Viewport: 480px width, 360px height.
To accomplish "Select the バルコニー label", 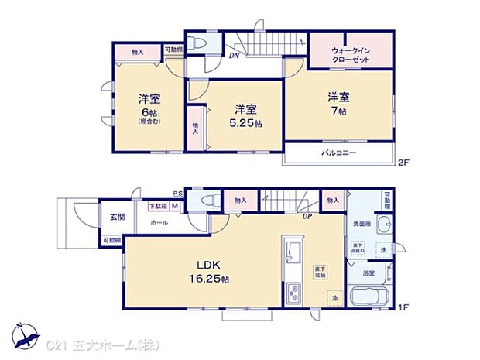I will (338, 154).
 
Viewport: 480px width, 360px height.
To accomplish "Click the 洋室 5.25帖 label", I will (245, 115).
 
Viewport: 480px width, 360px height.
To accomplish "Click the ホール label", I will (159, 222).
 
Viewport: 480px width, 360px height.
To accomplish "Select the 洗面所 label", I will (364, 224).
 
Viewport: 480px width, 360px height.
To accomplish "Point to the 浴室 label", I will (369, 273).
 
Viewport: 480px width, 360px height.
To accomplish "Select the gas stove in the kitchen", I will (295, 295).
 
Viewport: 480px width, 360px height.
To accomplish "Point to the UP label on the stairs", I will (307, 215).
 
